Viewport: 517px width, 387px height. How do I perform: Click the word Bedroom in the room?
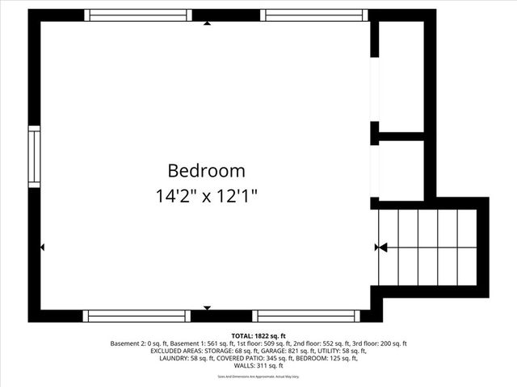coord(206,171)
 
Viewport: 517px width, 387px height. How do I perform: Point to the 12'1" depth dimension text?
coord(238,195)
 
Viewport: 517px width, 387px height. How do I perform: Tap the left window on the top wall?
coord(137,15)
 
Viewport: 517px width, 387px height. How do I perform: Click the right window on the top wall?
coord(315,15)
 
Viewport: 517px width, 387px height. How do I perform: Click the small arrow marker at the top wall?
coord(208,23)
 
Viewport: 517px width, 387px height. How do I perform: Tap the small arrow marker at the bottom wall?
coord(208,308)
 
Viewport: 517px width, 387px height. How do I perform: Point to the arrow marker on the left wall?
coord(42,248)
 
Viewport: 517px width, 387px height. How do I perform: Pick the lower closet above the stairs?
coord(401,168)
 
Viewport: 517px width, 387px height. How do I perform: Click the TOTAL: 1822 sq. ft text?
coord(258,335)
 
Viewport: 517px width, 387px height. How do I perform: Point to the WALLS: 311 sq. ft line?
coord(258,365)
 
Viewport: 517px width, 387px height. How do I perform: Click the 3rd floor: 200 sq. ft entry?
coord(380,343)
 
